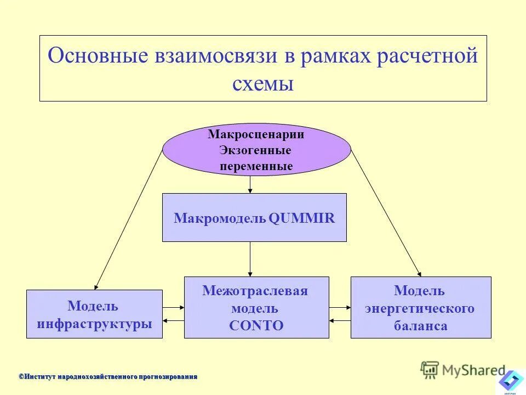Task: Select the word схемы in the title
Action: [263, 84]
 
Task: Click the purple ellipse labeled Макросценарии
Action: [256, 149]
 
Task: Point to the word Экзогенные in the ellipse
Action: [255, 150]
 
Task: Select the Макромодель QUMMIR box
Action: [254, 217]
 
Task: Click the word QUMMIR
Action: [302, 218]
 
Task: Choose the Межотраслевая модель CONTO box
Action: [256, 307]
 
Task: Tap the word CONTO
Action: [256, 325]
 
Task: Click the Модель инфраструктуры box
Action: [94, 314]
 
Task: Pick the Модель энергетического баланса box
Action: [421, 307]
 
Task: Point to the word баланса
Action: [420, 326]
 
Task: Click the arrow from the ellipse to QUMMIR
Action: [250, 184]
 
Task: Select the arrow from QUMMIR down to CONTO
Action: [250, 259]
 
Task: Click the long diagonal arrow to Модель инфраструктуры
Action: [129, 219]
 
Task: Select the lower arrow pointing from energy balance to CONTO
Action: [340, 321]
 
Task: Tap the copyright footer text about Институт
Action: [108, 376]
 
